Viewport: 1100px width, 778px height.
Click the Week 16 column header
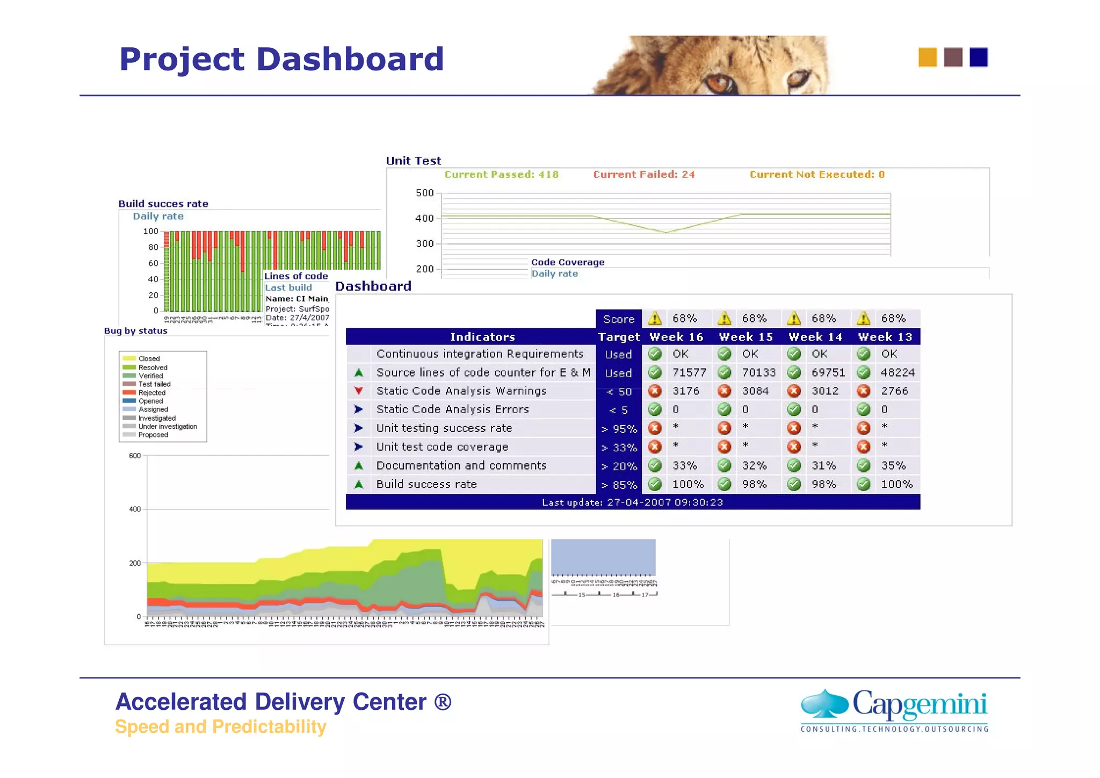[x=676, y=337]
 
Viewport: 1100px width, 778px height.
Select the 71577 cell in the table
[x=689, y=372]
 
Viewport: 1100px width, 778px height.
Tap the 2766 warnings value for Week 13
[x=894, y=391]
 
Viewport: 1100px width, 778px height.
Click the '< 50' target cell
[x=619, y=392]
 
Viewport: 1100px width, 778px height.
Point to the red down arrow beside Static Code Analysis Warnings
[x=358, y=391]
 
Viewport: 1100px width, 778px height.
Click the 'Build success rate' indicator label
[x=426, y=484]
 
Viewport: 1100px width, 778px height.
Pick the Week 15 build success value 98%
[x=754, y=484]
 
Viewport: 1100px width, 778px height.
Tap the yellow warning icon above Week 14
[x=794, y=319]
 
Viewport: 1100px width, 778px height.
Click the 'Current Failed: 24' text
[x=643, y=174]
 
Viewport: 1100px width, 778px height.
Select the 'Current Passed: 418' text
[x=501, y=174]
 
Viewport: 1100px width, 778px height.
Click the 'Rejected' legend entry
[x=151, y=393]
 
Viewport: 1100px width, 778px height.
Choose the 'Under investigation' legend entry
[x=167, y=427]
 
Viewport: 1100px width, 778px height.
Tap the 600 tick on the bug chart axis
[x=134, y=456]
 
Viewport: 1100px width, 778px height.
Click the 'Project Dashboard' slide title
[x=281, y=59]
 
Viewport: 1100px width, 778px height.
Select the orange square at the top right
[x=927, y=57]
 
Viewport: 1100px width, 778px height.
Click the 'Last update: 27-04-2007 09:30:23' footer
[x=632, y=502]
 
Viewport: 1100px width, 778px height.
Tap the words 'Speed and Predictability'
[x=220, y=726]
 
